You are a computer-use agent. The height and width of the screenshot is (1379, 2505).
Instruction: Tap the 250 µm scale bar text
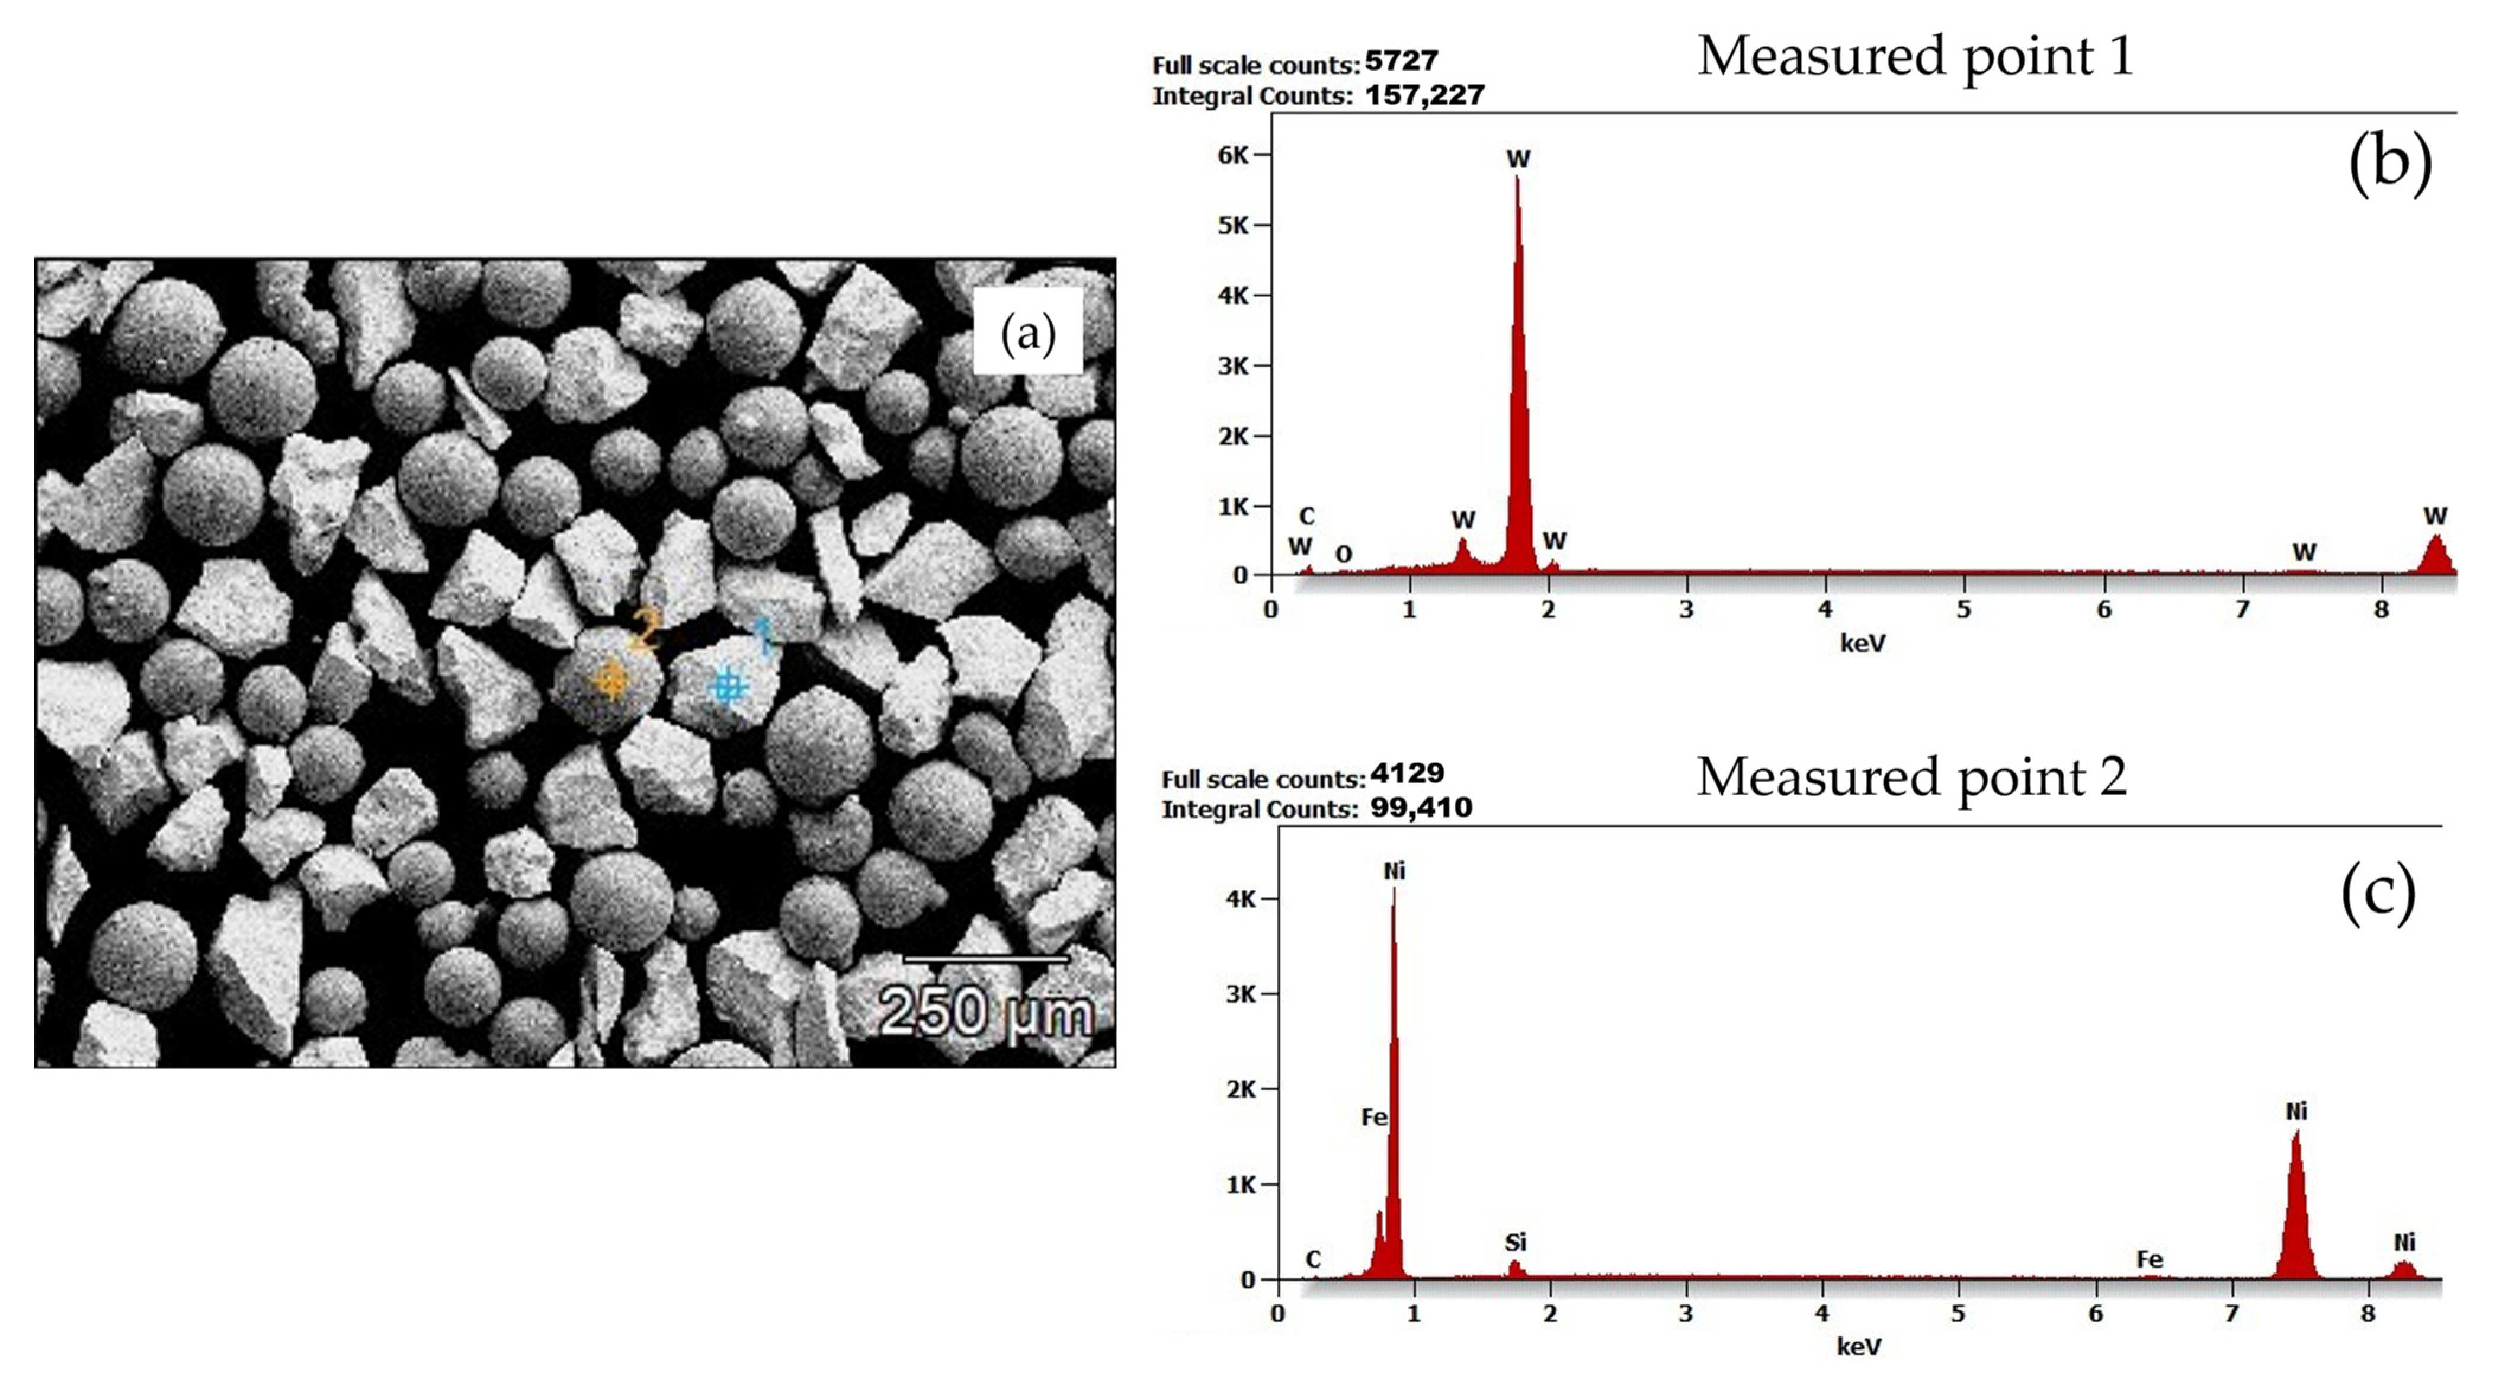point(985,1012)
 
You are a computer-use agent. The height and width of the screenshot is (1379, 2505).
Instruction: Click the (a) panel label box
point(1028,334)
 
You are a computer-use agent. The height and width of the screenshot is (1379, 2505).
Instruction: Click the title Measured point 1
point(1915,56)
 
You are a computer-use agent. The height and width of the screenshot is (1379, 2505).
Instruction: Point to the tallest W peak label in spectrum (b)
point(1518,158)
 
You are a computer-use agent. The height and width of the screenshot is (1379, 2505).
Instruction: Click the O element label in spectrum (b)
point(1343,554)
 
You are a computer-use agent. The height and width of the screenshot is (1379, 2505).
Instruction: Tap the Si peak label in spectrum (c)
point(1515,1242)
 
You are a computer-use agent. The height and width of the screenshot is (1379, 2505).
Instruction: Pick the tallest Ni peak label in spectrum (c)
point(1395,871)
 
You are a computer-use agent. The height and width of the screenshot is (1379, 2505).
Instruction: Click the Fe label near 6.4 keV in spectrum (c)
point(2149,1259)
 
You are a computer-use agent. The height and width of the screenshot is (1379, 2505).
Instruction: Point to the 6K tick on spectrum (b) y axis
point(1233,155)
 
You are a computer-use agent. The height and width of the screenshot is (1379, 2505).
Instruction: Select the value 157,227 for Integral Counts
point(1425,95)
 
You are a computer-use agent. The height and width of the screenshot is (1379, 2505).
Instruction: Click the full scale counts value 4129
point(1407,774)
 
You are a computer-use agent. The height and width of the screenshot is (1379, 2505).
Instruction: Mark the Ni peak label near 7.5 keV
point(2296,1111)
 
